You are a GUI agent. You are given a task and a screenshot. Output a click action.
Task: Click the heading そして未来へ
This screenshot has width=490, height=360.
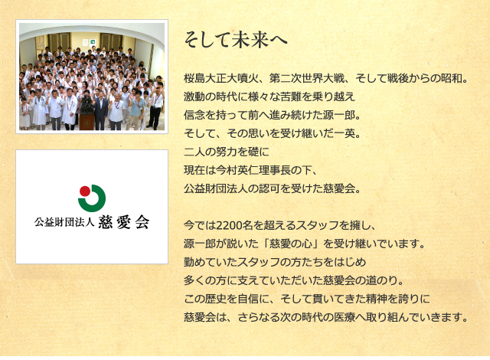pyautogui.click(x=235, y=41)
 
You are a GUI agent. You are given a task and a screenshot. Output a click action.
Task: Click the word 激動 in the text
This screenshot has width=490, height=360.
pyautogui.click(x=194, y=97)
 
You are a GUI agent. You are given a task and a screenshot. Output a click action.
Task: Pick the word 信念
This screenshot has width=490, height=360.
pyautogui.click(x=194, y=115)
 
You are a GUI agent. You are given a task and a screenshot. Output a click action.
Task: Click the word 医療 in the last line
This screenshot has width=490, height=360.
pyautogui.click(x=344, y=318)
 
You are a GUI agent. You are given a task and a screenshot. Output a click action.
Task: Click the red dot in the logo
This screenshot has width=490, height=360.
pyautogui.click(x=85, y=191)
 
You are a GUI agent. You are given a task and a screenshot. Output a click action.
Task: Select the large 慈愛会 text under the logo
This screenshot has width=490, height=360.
pyautogui.click(x=124, y=222)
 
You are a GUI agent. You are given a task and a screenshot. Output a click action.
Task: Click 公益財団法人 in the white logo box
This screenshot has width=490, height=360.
pyautogui.click(x=64, y=222)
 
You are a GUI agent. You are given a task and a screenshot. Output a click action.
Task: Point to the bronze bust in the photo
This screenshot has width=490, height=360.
pyautogui.click(x=87, y=105)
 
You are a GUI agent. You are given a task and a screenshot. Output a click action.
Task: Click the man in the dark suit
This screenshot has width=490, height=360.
pyautogui.click(x=101, y=110)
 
